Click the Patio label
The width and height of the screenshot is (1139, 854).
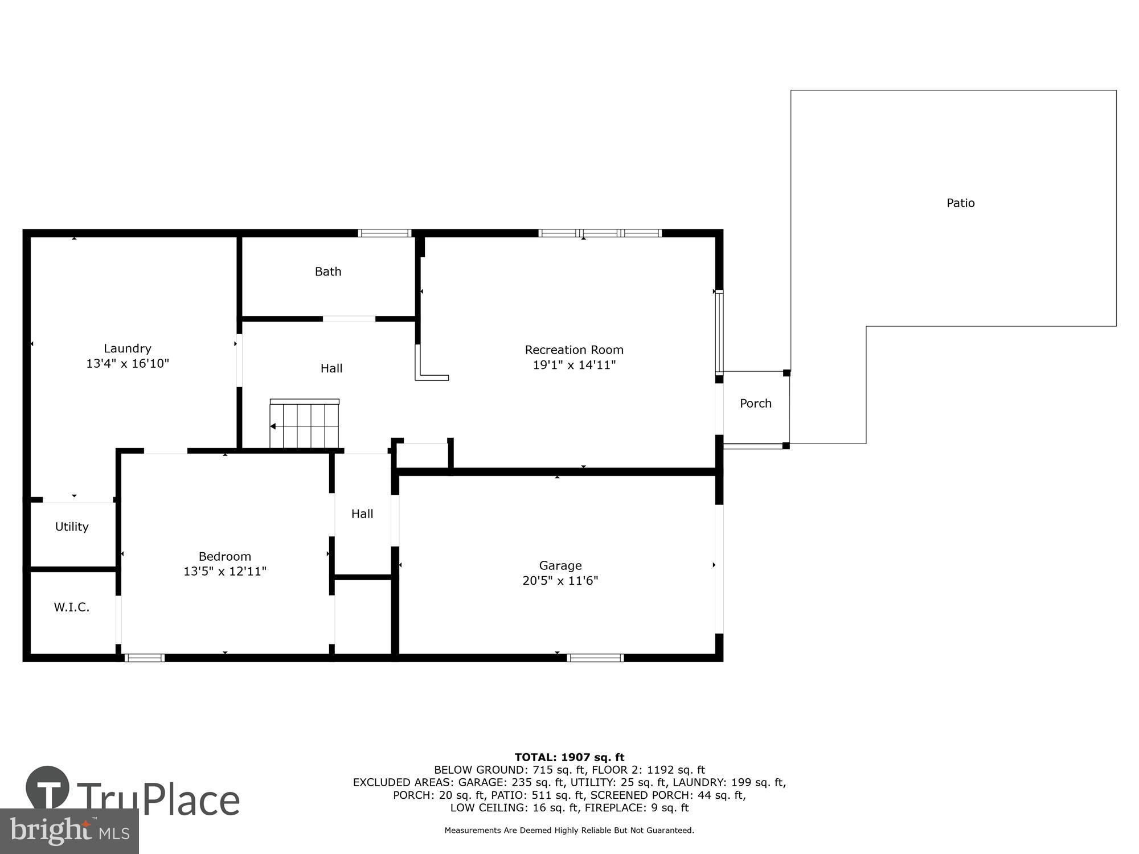[x=960, y=203]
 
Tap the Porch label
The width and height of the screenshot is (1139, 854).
[x=755, y=404]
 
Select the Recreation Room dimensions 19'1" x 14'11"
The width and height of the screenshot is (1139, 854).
[x=574, y=365]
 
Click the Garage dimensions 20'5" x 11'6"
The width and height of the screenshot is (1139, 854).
[x=560, y=581]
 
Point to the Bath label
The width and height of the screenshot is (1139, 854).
[x=328, y=272]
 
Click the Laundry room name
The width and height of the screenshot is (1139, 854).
[x=128, y=348]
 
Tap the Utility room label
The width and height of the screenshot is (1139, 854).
[x=72, y=527]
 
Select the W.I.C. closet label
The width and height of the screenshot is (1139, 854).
[x=72, y=607]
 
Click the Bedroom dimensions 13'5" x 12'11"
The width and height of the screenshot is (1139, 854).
[x=225, y=572]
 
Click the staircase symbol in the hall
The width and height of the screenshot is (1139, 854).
[x=305, y=425]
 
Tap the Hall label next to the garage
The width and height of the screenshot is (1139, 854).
[x=362, y=514]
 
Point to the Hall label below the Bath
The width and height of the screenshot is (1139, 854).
[x=331, y=368]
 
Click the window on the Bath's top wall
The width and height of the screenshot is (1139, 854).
[x=384, y=233]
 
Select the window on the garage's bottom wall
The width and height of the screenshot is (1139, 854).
[x=595, y=658]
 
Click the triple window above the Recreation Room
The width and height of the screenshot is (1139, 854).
[x=600, y=233]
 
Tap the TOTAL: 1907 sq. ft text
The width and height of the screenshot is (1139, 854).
[x=569, y=757]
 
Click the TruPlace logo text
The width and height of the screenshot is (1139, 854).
[x=158, y=800]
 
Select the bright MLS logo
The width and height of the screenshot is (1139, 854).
[x=69, y=831]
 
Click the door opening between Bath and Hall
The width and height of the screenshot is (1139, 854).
[x=349, y=319]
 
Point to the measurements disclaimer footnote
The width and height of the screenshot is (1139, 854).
[x=569, y=830]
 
